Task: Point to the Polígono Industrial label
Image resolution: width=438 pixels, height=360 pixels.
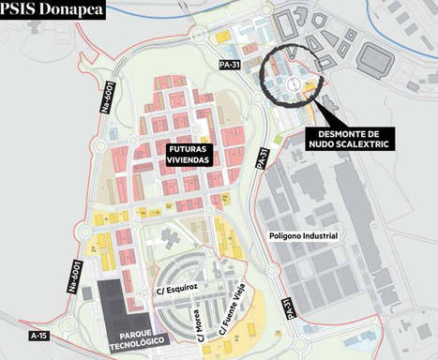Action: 302,235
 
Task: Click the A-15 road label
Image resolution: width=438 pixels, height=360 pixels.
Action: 38,335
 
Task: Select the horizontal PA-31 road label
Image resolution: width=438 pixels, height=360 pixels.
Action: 229,63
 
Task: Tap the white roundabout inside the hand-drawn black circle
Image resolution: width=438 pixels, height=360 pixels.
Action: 292,84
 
